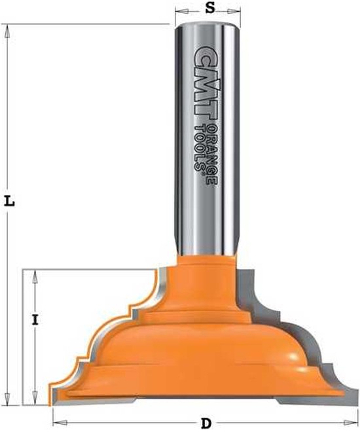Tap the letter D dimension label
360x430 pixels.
click(x=206, y=423)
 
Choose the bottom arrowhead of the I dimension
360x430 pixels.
click(x=35, y=401)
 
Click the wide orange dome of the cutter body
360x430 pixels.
click(x=196, y=347)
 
